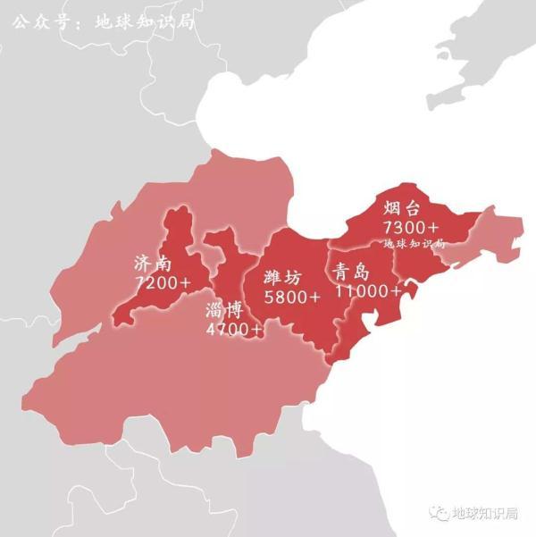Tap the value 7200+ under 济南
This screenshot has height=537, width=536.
click(163, 282)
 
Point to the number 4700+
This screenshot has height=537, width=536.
click(234, 330)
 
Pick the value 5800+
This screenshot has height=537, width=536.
click(291, 296)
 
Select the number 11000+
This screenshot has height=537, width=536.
click(368, 291)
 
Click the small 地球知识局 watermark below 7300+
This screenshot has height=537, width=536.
click(414, 244)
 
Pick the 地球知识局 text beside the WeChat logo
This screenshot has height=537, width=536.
click(488, 513)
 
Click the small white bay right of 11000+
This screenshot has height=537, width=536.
click(411, 290)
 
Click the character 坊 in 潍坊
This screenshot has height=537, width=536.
click(297, 277)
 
